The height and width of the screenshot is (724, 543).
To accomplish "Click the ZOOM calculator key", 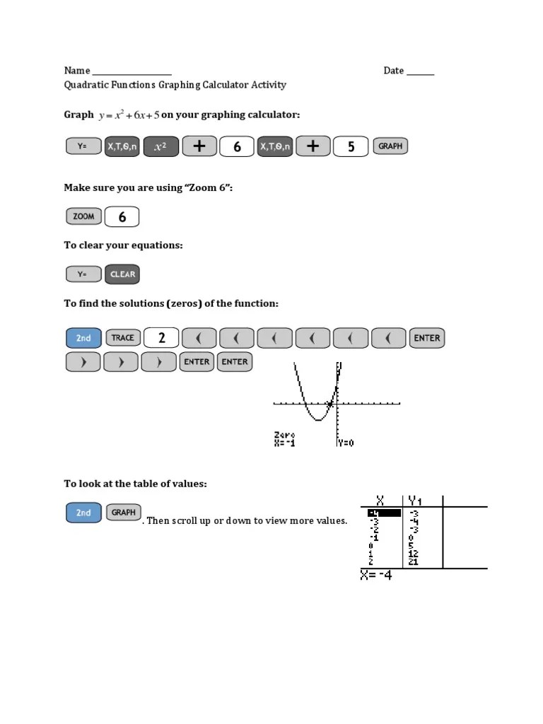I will [83, 216].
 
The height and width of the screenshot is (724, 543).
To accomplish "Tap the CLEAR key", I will [122, 274].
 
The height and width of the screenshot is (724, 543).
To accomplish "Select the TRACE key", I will [122, 338].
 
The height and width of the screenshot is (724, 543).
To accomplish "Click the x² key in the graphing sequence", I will [160, 146].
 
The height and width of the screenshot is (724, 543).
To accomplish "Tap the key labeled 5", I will [351, 146].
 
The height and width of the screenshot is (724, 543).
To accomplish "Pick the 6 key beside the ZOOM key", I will [122, 216].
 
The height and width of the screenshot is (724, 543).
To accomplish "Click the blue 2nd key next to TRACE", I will [83, 338].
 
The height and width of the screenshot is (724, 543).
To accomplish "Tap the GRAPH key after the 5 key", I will [390, 146].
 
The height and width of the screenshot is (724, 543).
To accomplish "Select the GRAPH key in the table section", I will [123, 513].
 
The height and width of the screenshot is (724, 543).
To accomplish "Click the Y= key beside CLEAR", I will [83, 274].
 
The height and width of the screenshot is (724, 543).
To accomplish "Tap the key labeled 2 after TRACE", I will [161, 338].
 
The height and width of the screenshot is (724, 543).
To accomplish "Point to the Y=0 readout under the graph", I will [346, 443].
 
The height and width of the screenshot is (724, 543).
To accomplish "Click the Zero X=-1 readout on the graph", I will [284, 439].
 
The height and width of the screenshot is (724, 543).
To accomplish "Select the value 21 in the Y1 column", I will [413, 562].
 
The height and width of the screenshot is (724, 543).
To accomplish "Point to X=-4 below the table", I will [375, 576].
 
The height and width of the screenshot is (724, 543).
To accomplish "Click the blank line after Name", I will [132, 71].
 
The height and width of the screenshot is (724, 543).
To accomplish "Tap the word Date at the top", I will [393, 71].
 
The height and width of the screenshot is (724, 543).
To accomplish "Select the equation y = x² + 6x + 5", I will [129, 115].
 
